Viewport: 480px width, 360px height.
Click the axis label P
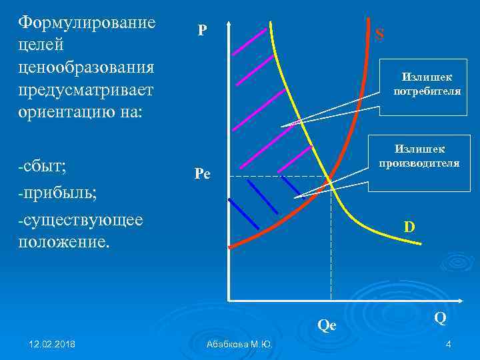[201, 30]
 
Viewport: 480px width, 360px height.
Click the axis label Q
[440, 318]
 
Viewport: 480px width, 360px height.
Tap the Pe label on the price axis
[202, 175]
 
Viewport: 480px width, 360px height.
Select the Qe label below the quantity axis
[327, 326]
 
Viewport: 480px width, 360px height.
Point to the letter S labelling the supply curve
[379, 34]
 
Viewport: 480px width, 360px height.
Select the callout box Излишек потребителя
[427, 85]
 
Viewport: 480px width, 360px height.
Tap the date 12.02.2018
[52, 344]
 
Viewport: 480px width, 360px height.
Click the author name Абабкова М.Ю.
[240, 344]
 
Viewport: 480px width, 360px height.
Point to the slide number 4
[449, 344]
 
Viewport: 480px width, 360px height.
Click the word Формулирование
[87, 23]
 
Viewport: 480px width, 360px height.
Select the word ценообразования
[87, 67]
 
